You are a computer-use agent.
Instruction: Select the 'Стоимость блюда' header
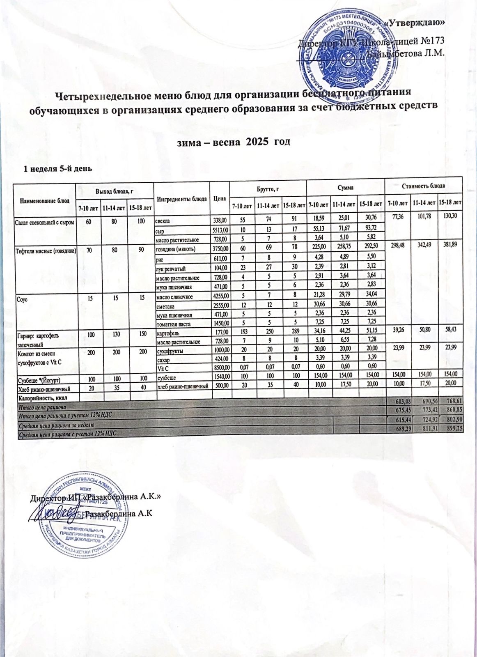424,185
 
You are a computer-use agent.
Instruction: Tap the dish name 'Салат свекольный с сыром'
44,223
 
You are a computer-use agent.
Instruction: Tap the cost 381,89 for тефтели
450,244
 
